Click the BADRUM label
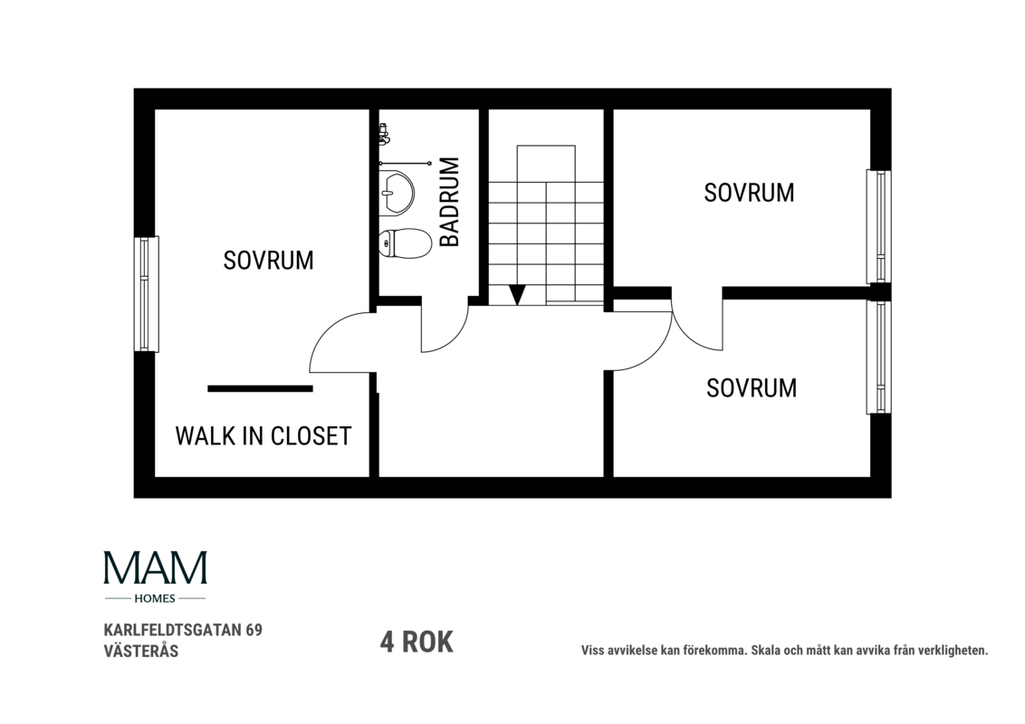[450, 202]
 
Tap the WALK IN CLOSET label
[263, 436]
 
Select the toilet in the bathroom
[406, 243]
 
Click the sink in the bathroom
[396, 192]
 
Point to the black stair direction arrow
[518, 295]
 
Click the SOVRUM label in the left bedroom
[268, 260]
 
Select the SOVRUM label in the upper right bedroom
[749, 193]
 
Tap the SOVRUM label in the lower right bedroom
[752, 388]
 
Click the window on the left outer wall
[147, 294]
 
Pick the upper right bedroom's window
[878, 227]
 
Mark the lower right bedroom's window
[878, 357]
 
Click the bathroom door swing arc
[455, 338]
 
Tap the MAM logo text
[156, 567]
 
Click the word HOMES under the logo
[155, 598]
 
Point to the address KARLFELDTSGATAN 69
[183, 630]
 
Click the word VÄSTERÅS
[141, 651]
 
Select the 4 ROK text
[417, 642]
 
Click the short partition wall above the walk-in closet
[260, 389]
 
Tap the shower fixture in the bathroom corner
[384, 135]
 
